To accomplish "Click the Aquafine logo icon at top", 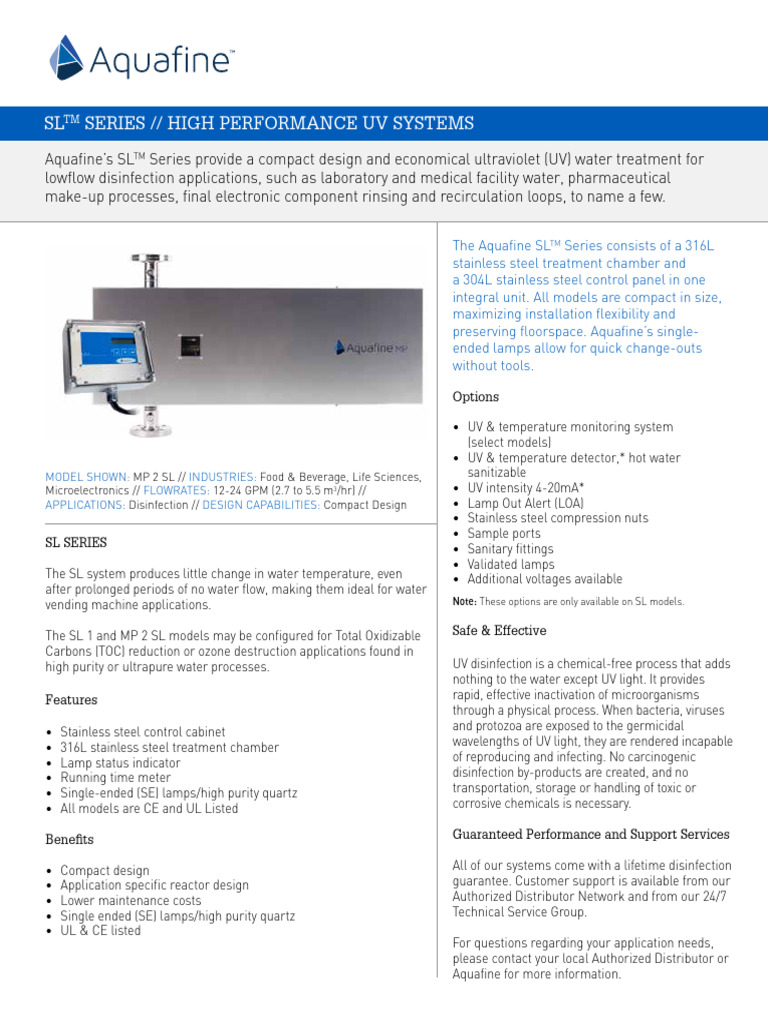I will pos(67,57).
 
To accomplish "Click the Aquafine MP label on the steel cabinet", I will pos(369,347).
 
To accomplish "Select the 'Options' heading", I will pos(475,397).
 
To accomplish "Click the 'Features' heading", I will pos(71,700).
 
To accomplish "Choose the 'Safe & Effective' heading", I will pos(499,631).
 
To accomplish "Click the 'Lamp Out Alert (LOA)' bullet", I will pos(526,503).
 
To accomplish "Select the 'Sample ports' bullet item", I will pos(504,534).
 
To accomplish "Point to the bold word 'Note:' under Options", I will pos(464,601).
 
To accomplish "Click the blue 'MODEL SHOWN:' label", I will pos(87,477).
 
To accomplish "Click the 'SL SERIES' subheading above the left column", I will pos(76,542).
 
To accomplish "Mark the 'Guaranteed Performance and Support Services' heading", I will pos(591,834).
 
